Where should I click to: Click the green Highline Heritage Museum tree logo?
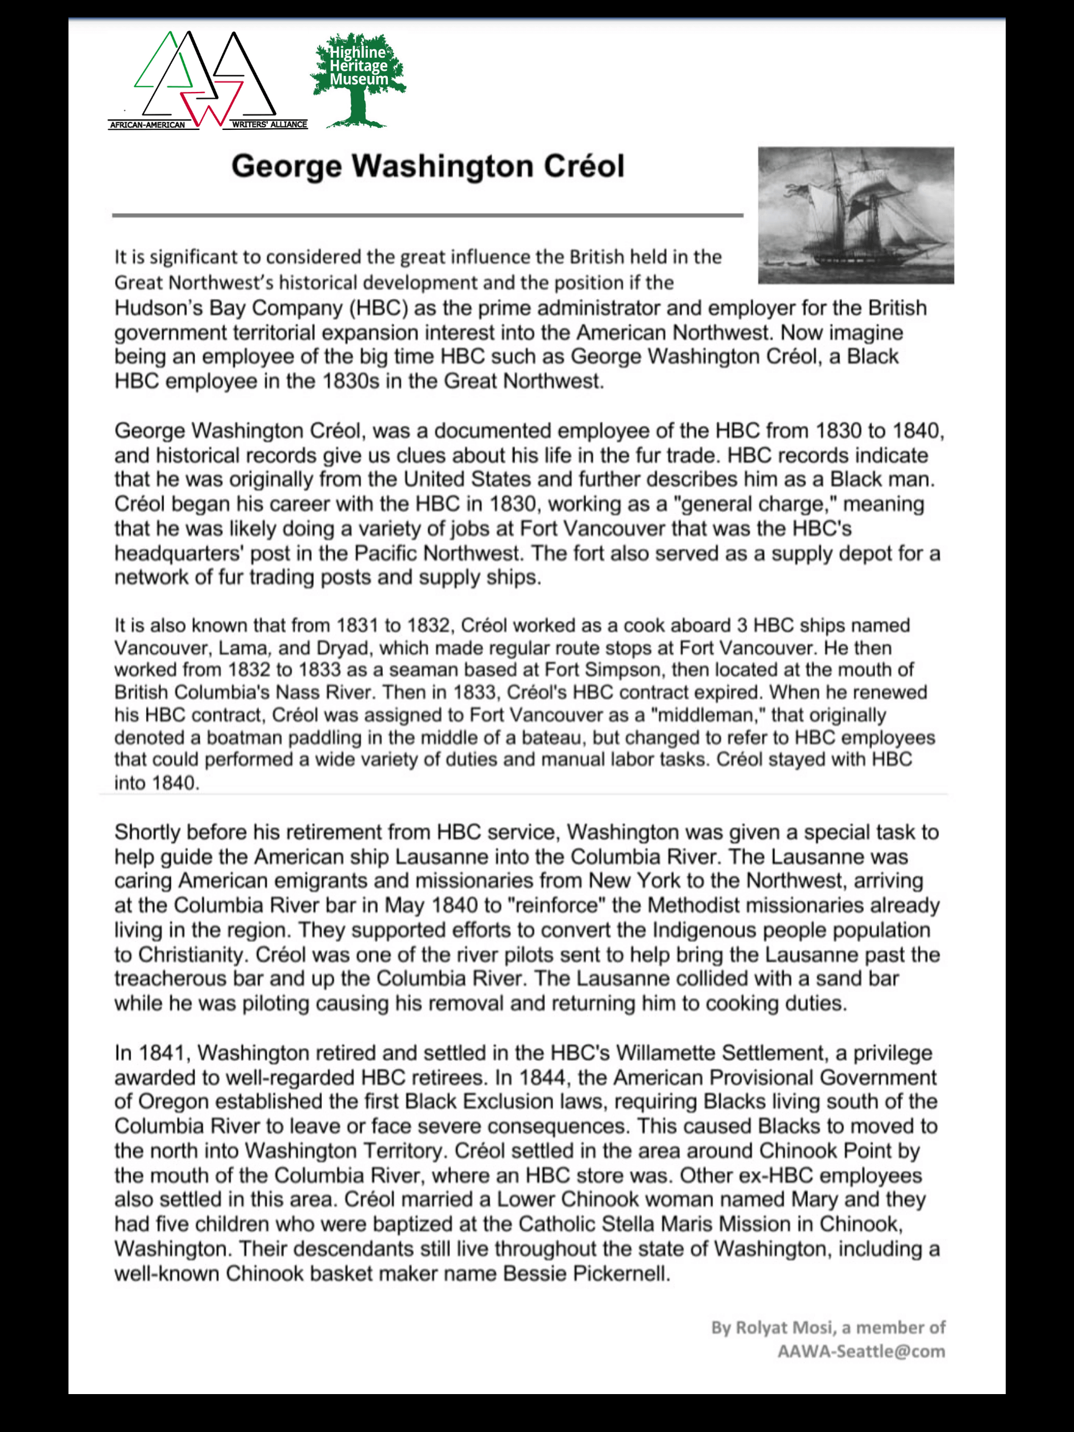coord(358,79)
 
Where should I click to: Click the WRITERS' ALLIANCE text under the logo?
coord(269,124)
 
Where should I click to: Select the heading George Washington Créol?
coord(427,167)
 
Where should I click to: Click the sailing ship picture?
coord(855,215)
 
